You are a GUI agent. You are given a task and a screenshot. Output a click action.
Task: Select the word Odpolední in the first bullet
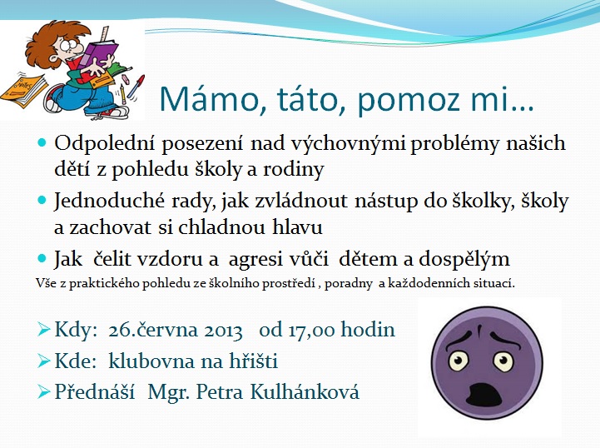[105, 144]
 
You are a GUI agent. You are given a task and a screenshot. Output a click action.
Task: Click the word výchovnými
[348, 144]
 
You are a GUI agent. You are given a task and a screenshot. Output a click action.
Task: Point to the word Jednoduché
[109, 200]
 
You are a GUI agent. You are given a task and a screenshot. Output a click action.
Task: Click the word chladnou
[222, 226]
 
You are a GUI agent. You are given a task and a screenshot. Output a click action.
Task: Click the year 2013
[223, 331]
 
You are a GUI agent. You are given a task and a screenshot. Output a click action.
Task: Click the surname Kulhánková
[305, 391]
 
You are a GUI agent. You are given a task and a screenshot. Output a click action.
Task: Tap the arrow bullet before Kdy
[44, 329]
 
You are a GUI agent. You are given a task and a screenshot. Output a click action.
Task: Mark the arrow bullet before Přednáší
[44, 391]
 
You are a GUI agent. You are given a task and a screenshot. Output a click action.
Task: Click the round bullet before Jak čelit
[42, 258]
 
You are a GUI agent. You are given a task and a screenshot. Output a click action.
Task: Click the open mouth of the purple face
[485, 395]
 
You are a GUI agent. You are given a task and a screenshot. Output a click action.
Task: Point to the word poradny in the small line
[348, 284]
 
